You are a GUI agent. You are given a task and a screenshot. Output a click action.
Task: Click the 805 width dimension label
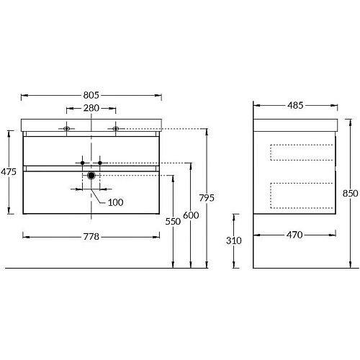(x=91, y=95)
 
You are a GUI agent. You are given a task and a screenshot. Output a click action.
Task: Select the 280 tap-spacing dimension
(x=91, y=108)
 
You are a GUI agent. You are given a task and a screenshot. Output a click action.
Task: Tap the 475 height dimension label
(x=9, y=172)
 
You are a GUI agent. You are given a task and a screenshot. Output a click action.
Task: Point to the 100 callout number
(x=116, y=202)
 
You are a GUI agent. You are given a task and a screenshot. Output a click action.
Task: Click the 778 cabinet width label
(x=91, y=237)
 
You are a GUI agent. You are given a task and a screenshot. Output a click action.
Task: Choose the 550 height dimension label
(x=173, y=222)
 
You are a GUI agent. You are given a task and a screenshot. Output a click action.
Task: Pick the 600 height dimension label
(x=191, y=215)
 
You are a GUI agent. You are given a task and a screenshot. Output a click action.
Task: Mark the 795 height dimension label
(x=207, y=198)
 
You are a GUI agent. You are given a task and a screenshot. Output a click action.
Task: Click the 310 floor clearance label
(x=234, y=240)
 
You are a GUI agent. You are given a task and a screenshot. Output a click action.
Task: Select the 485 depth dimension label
(x=295, y=105)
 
